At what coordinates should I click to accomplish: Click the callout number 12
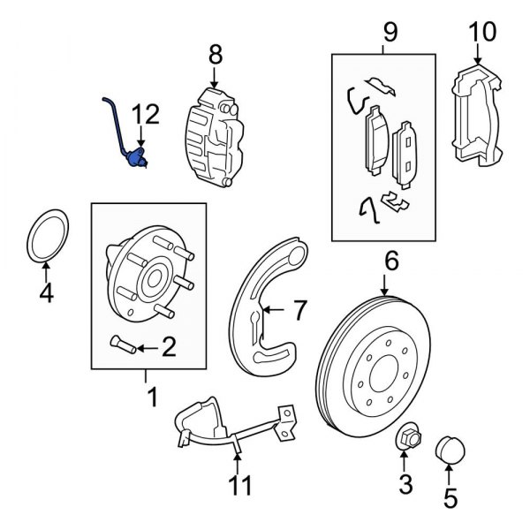coord(147,113)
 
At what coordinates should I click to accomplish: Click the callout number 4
coord(47,291)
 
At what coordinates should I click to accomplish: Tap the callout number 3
coord(405,482)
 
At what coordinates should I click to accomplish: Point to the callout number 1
coord(152,398)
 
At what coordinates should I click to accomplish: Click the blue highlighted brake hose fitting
coord(134,159)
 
